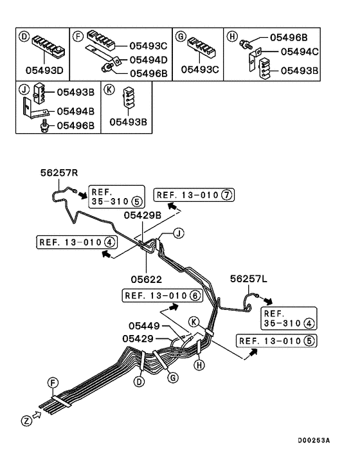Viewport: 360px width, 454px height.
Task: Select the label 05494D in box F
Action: [148, 59]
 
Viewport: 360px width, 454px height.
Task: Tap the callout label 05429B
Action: [142, 215]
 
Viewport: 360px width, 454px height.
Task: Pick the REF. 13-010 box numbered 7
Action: [195, 194]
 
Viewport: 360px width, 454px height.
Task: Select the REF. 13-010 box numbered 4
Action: [76, 242]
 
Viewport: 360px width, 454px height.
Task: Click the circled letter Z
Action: [26, 421]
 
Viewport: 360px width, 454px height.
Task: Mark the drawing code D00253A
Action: [313, 440]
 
